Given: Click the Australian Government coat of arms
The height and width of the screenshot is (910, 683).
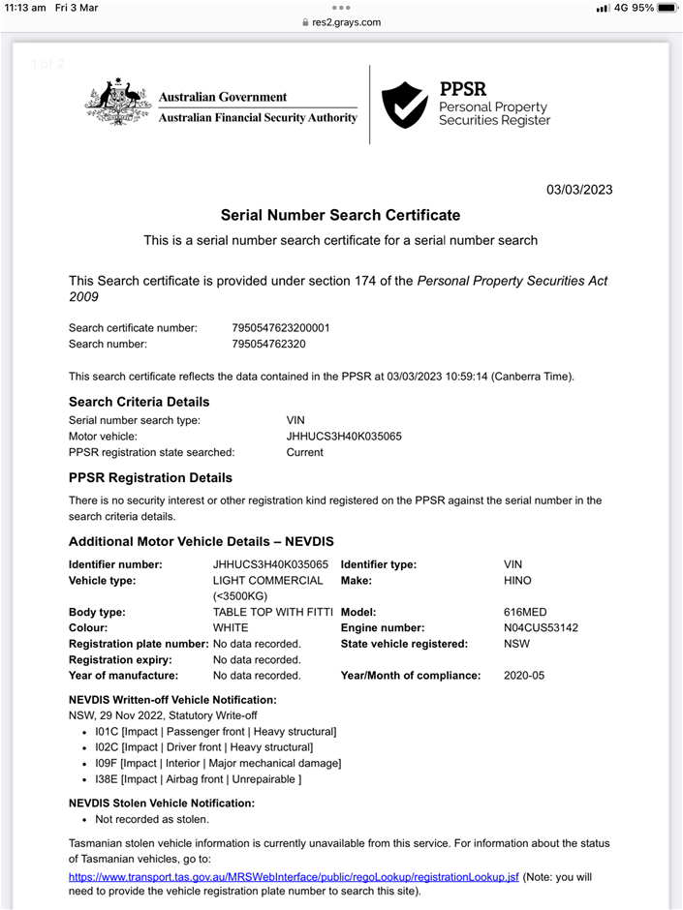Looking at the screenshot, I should (x=118, y=102).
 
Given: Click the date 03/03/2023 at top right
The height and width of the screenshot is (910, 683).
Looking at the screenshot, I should (x=579, y=190).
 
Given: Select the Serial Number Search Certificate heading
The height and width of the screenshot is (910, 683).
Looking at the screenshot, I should (x=340, y=215).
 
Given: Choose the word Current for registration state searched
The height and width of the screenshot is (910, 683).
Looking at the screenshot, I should (x=304, y=452).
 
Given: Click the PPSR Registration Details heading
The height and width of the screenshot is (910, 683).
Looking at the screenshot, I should (x=150, y=477).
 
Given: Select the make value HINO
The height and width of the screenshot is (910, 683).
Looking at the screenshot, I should (x=517, y=581).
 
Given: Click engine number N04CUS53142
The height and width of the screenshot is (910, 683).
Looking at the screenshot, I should (x=541, y=627).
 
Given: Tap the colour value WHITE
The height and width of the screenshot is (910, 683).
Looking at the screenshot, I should (x=231, y=627).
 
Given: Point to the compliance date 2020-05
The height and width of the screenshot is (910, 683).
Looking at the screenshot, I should (x=524, y=675).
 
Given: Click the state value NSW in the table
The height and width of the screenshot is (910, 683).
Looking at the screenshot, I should (x=516, y=643).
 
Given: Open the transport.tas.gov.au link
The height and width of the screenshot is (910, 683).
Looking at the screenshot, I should (x=294, y=876).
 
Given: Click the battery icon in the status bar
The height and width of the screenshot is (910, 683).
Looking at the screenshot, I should (x=667, y=8).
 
